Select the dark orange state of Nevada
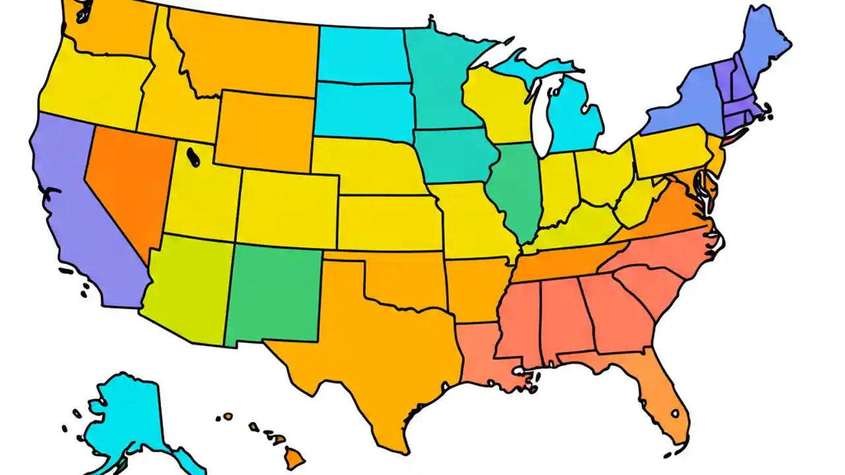[x=125, y=178]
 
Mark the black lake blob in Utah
[x=193, y=156]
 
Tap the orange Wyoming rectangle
[x=264, y=129]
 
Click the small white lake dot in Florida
[x=675, y=414]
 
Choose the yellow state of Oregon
[x=92, y=89]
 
